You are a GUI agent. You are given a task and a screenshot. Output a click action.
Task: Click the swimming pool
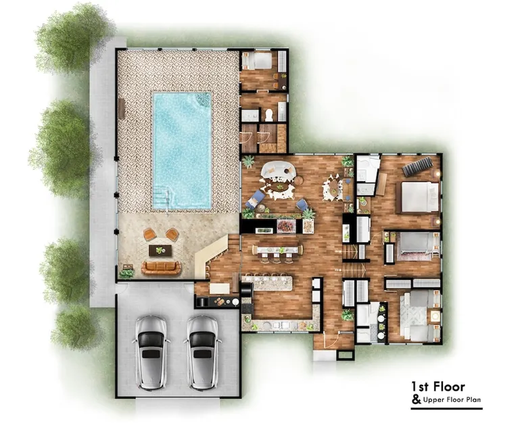(182, 151)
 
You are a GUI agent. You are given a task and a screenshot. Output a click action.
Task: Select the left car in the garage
(151, 352)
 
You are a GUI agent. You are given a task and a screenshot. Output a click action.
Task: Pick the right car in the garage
(202, 352)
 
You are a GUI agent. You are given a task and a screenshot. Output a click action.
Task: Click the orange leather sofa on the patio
(161, 268)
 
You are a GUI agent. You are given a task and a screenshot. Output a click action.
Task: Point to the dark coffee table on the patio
(160, 250)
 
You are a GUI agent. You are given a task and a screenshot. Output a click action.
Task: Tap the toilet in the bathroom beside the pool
(269, 115)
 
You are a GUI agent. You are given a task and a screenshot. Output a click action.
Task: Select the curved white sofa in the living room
(279, 170)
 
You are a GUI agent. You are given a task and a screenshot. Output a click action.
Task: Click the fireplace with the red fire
(286, 226)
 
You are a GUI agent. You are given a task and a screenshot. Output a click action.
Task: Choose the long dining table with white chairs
(277, 250)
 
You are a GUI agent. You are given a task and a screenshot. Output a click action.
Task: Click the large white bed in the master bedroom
(418, 197)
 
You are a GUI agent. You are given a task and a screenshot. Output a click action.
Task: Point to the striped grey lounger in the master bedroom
(417, 166)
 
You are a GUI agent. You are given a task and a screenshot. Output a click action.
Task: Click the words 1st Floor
(438, 387)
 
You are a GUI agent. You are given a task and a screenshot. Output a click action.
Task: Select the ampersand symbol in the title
(416, 399)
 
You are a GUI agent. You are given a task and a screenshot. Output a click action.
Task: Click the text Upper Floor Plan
(452, 399)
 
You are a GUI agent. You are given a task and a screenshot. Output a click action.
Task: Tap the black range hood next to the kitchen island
(247, 289)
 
